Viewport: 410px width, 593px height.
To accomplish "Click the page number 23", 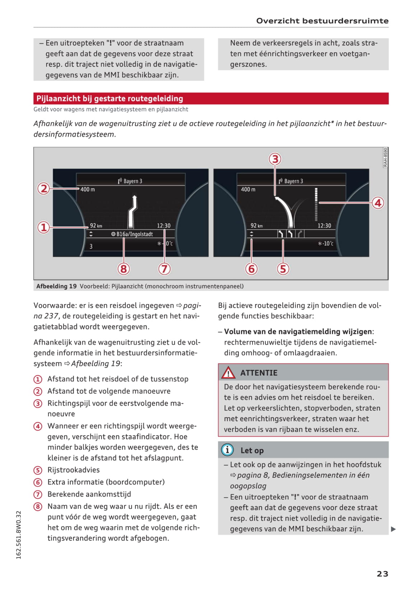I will (x=382, y=574).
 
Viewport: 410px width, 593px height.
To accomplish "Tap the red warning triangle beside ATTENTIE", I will (x=228, y=373).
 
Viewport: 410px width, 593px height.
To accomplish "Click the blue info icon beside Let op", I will (x=227, y=450).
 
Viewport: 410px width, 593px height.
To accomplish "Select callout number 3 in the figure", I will (x=275, y=159).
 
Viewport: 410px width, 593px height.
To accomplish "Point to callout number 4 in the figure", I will (x=378, y=203).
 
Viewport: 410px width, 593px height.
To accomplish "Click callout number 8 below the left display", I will (x=124, y=269).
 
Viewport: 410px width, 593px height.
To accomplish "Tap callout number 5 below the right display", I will (x=283, y=269).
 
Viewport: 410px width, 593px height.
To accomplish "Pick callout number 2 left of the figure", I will (x=43, y=188).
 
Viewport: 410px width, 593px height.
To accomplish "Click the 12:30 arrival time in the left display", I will (x=164, y=226).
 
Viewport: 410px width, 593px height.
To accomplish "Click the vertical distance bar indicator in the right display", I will (x=316, y=204).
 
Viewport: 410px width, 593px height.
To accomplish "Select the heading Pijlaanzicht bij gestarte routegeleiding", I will (x=110, y=99).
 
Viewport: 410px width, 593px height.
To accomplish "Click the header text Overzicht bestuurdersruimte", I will (x=322, y=21).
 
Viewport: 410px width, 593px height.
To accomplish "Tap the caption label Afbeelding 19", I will (x=56, y=286).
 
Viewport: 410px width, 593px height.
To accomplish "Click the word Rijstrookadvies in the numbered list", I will (x=74, y=470).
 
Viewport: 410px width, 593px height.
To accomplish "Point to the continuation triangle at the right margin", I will (x=393, y=529).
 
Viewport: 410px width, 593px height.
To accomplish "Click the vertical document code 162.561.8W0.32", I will (x=19, y=535).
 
